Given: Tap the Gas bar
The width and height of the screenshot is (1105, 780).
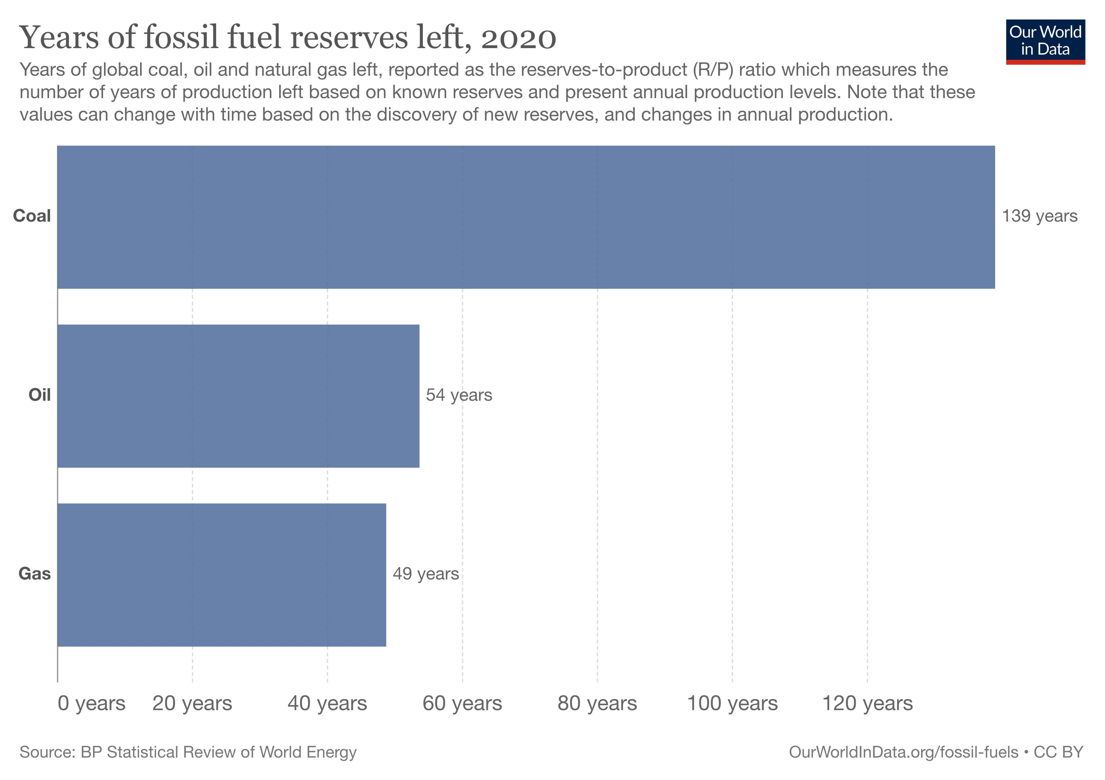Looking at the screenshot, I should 221,575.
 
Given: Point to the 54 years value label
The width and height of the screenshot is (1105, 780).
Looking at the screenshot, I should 459,395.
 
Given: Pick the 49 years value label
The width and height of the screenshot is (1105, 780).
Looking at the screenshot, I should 425,574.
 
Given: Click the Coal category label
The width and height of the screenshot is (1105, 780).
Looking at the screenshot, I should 32,216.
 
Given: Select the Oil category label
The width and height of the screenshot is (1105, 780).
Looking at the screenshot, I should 39,395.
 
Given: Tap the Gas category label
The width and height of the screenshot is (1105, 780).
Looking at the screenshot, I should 35,574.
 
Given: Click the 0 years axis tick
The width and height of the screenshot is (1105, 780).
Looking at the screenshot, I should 91,704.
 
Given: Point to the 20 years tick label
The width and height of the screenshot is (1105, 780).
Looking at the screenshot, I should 192,704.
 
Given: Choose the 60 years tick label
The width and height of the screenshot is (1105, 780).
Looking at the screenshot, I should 462,704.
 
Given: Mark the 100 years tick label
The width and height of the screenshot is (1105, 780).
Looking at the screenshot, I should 732,704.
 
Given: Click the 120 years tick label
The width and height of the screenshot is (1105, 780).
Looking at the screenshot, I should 867,704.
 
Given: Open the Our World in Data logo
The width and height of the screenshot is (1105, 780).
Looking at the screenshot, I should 1045,41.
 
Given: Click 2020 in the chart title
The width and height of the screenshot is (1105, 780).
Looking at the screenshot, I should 518,38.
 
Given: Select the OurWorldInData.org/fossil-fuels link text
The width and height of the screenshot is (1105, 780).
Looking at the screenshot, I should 903,752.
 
